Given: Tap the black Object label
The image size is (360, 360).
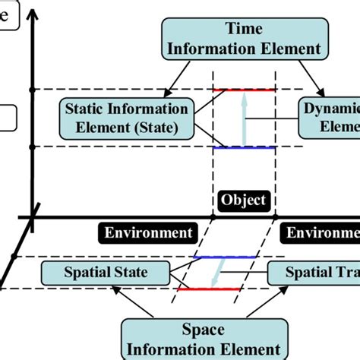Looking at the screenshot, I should coord(243,201).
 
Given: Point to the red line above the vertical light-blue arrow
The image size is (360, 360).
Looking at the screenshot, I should coord(239,90).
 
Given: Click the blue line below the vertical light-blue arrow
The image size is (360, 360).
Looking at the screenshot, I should coord(239,147).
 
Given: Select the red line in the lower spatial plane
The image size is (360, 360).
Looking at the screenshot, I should coord(204,289).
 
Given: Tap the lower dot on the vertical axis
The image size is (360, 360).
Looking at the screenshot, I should coord(31,146).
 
